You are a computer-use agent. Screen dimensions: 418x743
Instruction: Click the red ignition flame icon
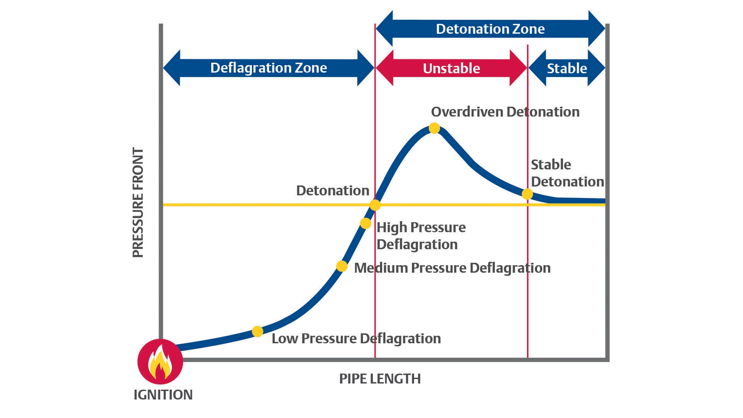pyautogui.click(x=160, y=361)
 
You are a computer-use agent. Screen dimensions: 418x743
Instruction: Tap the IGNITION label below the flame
pyautogui.click(x=163, y=395)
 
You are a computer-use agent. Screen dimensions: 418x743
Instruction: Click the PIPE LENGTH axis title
pyautogui.click(x=380, y=379)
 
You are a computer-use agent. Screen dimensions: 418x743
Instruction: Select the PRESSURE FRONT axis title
pyautogui.click(x=138, y=202)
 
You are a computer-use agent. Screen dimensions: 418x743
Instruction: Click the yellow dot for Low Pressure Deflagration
pyautogui.click(x=257, y=331)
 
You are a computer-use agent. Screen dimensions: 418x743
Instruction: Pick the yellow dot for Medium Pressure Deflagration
pyautogui.click(x=342, y=266)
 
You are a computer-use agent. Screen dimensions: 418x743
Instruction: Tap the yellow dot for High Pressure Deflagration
pyautogui.click(x=365, y=223)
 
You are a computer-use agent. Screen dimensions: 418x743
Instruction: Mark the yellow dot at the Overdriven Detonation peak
pyautogui.click(x=434, y=128)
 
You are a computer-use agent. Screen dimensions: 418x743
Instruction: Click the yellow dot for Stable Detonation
pyautogui.click(x=527, y=194)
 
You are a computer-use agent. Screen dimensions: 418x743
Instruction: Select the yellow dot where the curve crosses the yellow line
pyautogui.click(x=375, y=205)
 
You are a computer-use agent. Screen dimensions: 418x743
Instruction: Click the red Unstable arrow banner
pyautogui.click(x=451, y=68)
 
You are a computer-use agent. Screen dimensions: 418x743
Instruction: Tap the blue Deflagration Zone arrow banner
pyautogui.click(x=269, y=68)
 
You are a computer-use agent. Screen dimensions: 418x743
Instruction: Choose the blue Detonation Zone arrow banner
pyautogui.click(x=490, y=29)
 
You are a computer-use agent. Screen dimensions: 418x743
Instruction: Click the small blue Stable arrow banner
pyautogui.click(x=567, y=68)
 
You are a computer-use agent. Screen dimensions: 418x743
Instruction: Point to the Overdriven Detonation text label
pyautogui.click(x=505, y=112)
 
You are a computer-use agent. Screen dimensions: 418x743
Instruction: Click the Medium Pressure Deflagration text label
pyautogui.click(x=452, y=268)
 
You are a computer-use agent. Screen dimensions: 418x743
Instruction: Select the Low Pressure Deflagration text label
pyautogui.click(x=356, y=338)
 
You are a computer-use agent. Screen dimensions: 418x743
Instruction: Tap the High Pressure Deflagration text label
pyautogui.click(x=421, y=236)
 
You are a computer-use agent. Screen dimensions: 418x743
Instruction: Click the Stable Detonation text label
pyautogui.click(x=567, y=173)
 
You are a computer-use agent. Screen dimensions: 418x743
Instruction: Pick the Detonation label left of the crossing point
pyautogui.click(x=332, y=190)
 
